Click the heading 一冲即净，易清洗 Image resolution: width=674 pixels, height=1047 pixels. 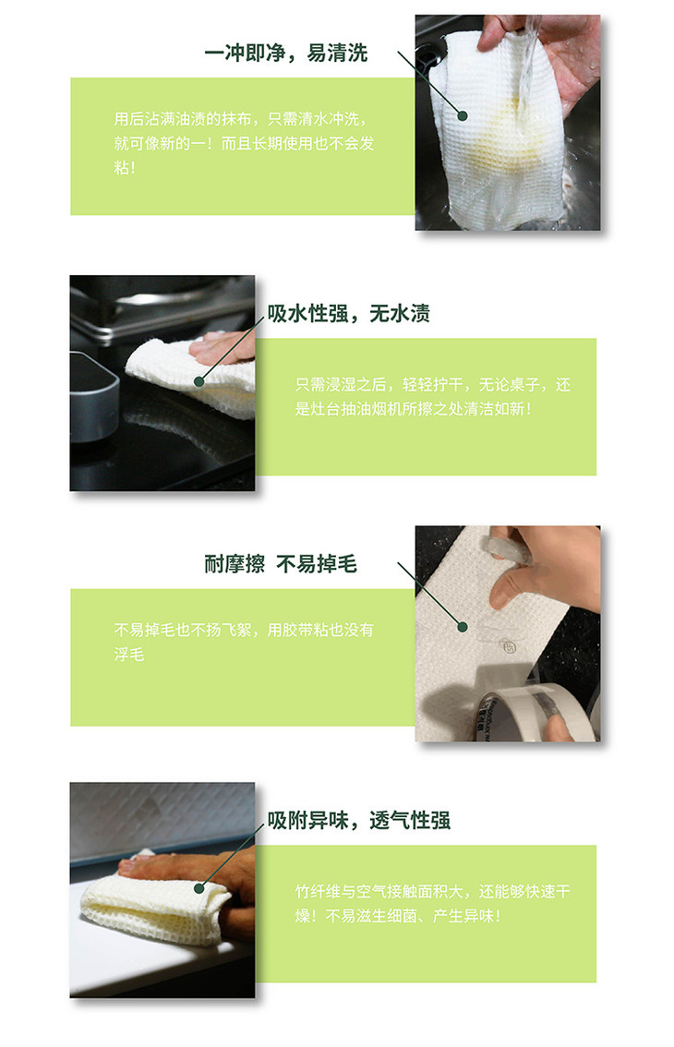286,53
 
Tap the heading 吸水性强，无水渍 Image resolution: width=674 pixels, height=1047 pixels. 348,313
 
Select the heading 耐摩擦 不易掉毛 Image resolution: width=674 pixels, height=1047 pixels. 281,564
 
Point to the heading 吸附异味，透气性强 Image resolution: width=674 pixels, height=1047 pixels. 359,820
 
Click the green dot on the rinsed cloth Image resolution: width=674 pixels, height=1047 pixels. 463,115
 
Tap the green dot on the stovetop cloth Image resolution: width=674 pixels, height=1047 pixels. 199,381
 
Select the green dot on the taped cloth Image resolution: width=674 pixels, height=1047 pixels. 463,626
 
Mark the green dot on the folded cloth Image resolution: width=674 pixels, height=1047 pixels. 199,888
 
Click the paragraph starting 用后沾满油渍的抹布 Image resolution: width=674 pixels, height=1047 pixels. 244,143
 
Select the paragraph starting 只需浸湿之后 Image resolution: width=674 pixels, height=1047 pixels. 433,397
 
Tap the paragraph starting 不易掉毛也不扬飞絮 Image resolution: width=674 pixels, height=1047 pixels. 244,642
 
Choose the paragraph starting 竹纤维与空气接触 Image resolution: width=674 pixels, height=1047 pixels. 433,904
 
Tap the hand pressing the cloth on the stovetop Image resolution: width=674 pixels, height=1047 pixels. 223,348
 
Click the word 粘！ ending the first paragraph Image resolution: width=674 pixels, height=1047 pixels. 125,168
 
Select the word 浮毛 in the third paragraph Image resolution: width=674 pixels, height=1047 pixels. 129,655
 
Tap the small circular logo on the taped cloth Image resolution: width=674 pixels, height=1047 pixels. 509,647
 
